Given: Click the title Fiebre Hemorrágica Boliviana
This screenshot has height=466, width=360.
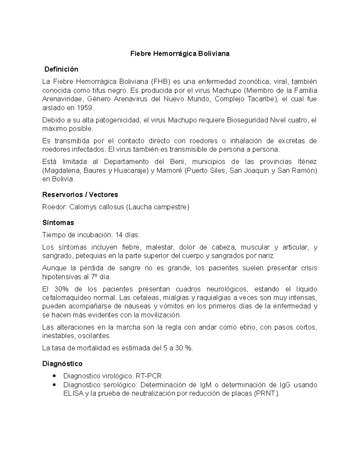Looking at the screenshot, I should (x=180, y=54).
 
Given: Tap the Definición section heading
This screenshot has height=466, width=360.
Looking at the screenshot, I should (x=61, y=69).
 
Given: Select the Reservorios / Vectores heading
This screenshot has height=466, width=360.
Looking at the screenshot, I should (x=80, y=195).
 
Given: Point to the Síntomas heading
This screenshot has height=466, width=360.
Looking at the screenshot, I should (x=58, y=223).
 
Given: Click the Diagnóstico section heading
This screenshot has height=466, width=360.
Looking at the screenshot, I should (x=62, y=364).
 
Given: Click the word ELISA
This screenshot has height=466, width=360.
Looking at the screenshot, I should (x=73, y=393).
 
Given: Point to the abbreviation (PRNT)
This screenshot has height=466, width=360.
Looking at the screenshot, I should (x=266, y=393).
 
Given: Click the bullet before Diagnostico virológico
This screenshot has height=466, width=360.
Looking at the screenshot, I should (x=54, y=376).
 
